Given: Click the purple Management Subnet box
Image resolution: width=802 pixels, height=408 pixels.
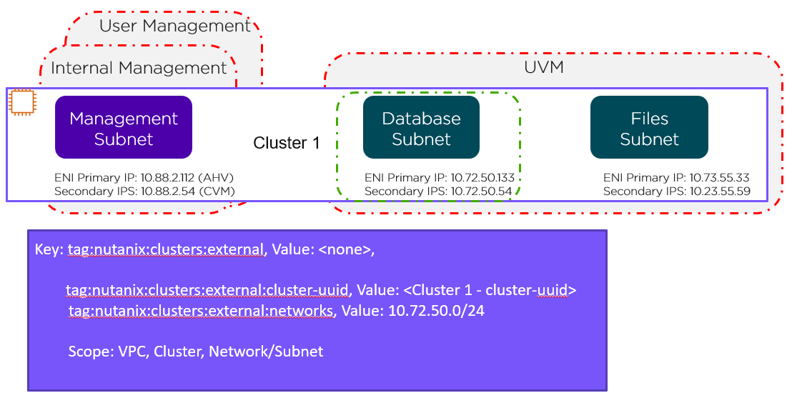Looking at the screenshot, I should click(124, 128).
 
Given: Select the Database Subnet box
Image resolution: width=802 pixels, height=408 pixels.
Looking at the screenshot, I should click(421, 128).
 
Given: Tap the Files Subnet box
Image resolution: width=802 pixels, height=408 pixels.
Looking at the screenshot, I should click(649, 128).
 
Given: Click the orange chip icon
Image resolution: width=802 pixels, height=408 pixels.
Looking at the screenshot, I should click(22, 103).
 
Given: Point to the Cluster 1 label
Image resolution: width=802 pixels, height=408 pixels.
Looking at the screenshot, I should click(287, 143).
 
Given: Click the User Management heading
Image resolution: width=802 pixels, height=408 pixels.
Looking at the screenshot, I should click(175, 26).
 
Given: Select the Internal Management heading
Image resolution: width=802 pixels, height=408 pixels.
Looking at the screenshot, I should click(139, 68).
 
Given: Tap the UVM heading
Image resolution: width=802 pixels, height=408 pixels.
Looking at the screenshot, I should click(544, 68).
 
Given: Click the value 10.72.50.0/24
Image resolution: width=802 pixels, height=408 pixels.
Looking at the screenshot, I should click(436, 312).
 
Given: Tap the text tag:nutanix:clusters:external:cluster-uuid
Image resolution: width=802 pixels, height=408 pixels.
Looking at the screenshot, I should click(207, 290).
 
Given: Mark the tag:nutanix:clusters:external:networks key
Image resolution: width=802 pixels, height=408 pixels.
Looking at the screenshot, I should click(201, 312).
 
